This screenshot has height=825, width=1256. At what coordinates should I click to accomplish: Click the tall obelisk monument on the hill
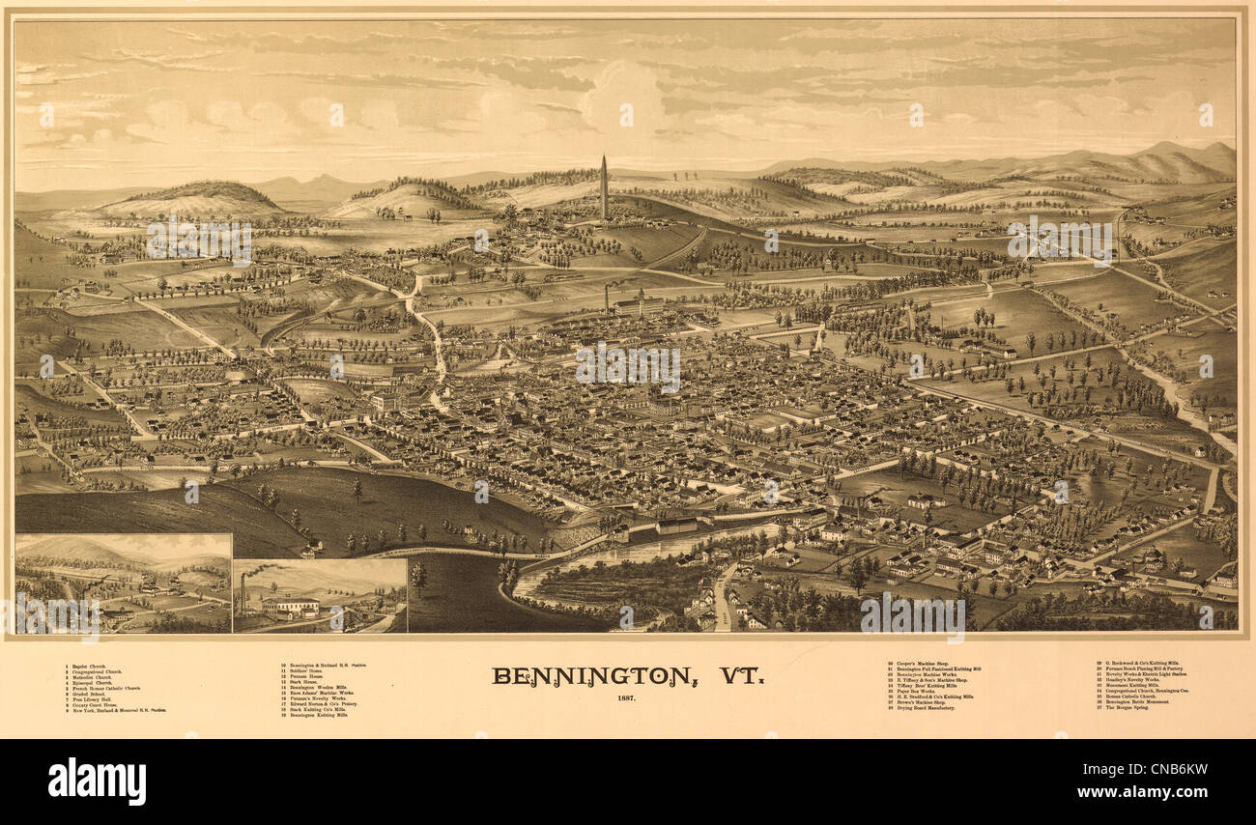click(604, 188)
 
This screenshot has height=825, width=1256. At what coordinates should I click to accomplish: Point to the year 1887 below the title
click(627, 697)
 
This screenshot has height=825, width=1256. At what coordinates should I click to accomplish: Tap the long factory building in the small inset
click(289, 607)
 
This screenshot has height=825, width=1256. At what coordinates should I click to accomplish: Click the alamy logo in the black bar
click(97, 781)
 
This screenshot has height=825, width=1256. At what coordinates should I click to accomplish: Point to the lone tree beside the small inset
click(418, 578)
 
